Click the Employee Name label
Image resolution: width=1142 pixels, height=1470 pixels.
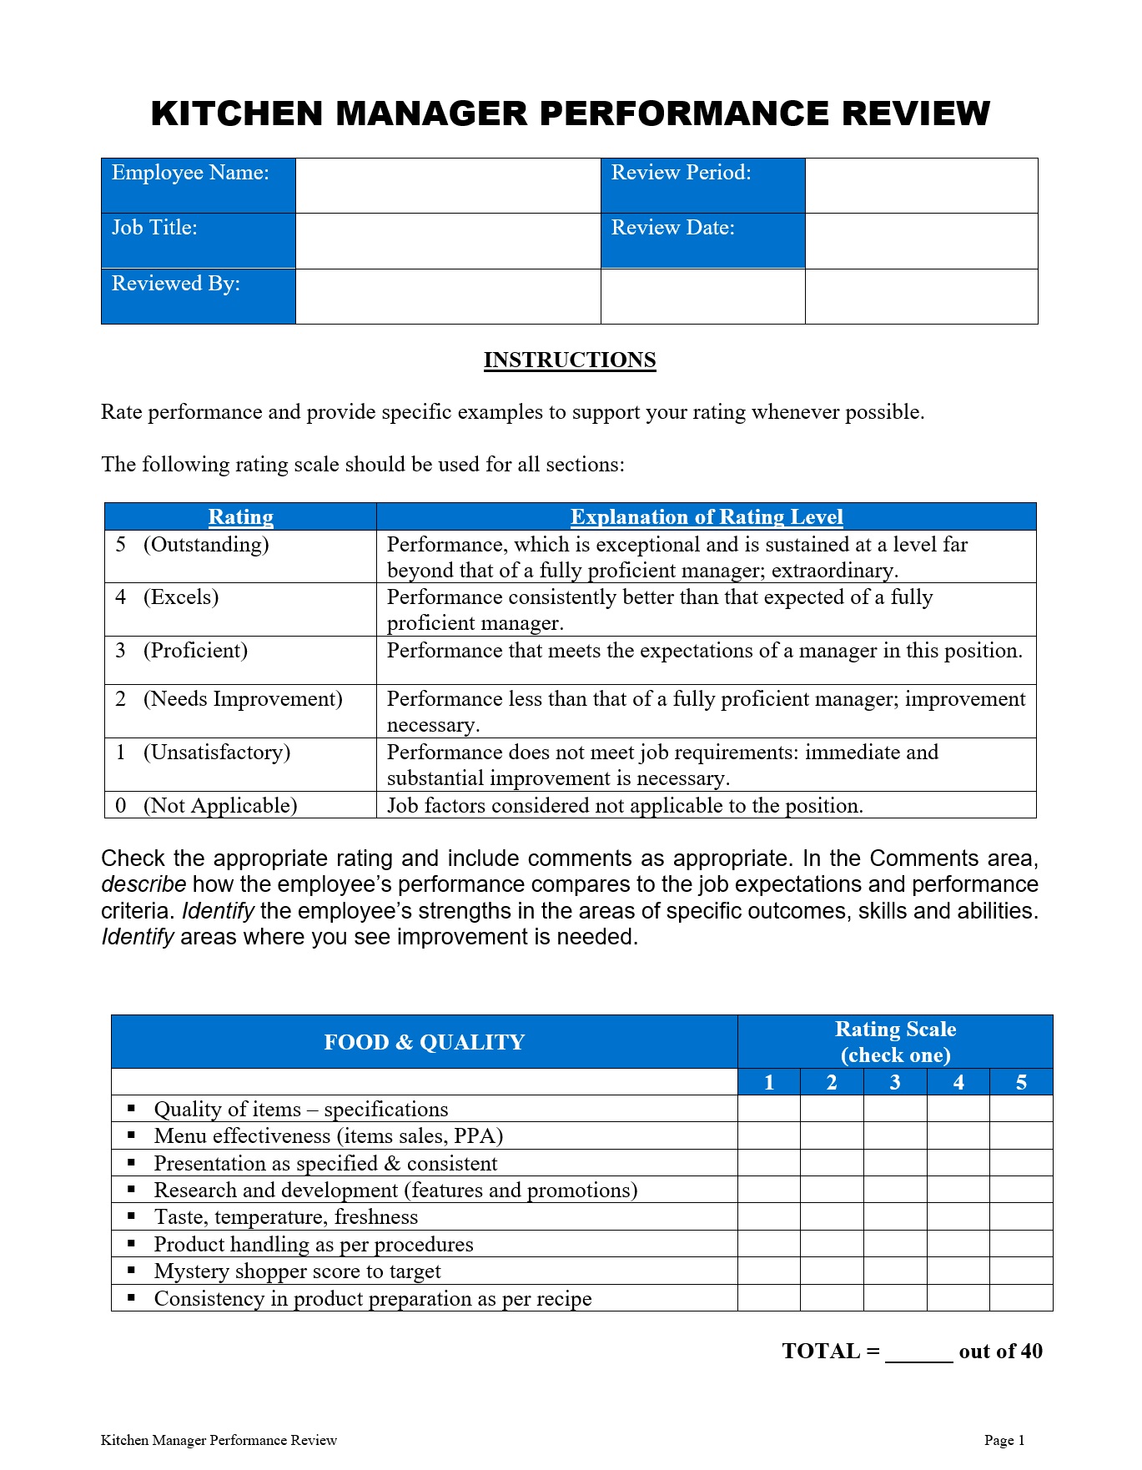tap(190, 173)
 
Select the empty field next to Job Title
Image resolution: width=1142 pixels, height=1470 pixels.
tap(448, 240)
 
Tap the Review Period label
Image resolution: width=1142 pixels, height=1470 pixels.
tap(681, 173)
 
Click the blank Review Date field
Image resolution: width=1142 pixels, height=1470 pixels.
tap(921, 240)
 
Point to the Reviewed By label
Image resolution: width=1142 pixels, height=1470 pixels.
tap(176, 284)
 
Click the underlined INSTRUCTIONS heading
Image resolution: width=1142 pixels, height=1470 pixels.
tap(570, 360)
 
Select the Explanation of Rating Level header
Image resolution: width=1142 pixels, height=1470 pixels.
tap(706, 516)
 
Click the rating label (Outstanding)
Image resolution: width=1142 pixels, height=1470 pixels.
tap(206, 545)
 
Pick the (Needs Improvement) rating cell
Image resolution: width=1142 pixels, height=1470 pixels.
tap(243, 699)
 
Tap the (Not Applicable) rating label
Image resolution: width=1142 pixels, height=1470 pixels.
tap(220, 806)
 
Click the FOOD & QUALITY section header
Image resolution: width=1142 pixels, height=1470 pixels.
tap(424, 1042)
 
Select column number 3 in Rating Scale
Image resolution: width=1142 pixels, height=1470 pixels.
tap(895, 1082)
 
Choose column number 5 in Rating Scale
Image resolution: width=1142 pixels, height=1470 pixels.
tap(1021, 1082)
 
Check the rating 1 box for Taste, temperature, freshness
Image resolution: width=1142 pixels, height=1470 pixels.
tap(769, 1217)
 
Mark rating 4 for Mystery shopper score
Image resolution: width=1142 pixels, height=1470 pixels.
tap(958, 1271)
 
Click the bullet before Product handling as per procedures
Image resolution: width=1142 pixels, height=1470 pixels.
tap(132, 1244)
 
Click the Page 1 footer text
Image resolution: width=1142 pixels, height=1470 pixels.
tap(1004, 1440)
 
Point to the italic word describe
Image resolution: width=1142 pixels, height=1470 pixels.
tap(143, 884)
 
